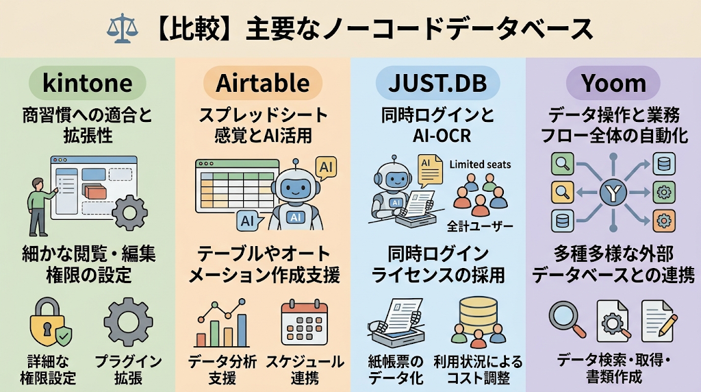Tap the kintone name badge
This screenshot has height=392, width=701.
pos(88,83)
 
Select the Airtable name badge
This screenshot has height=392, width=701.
pos(263,83)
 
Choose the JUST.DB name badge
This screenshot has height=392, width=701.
pos(437,83)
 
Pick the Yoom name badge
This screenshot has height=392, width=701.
pos(613,83)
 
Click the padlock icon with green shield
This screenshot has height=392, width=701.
pos(51,322)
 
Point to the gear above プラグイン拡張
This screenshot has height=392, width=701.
pos(128,322)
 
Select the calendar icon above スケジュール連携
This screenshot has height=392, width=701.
pos(305,323)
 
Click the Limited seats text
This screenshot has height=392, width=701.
pos(480,164)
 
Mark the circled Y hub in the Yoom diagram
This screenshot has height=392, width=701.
pos(613,193)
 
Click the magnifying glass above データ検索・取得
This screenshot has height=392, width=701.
pos(567,320)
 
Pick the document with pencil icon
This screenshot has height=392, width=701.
pos(659,321)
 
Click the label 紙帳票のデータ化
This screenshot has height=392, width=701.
pos(395,369)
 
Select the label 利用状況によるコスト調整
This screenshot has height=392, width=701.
pos(478,369)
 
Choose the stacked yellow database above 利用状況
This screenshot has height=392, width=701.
pos(478,314)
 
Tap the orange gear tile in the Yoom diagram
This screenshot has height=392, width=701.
pos(664,221)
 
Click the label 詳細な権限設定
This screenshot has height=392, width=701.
pos(47,369)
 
